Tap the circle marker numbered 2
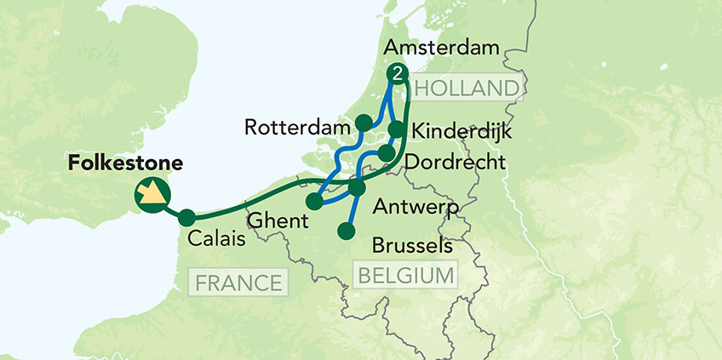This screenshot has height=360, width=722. coord(397,74)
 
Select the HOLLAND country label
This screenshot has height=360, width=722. coord(467,89)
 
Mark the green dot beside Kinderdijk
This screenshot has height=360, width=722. coord(397,129)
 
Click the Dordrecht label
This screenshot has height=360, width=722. coord(456,161)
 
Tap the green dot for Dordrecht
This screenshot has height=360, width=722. coord(386,152)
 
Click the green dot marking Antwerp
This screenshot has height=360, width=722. coord(357,187)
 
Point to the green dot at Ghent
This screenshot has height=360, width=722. coord(314,202)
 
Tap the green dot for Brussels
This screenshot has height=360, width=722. coord(347,231)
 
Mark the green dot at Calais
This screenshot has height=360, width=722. coord(186,218)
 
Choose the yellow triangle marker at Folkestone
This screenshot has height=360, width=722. coord(152,196)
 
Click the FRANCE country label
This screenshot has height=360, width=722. coord(239,283)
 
